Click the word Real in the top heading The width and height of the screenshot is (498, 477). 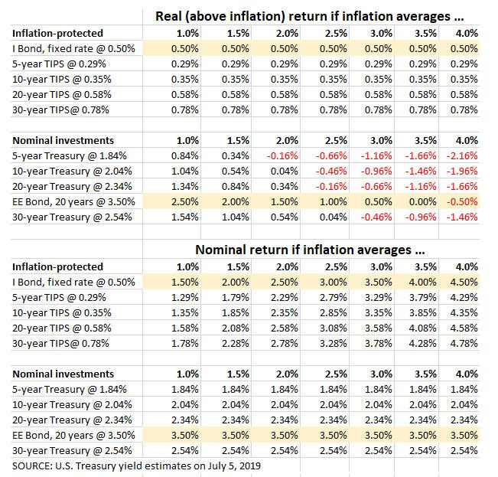168,16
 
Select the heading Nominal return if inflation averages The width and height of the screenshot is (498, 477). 310,250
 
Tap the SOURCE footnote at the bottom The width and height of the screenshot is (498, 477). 136,466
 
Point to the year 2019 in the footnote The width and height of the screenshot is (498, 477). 250,466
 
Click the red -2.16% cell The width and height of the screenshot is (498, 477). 462,155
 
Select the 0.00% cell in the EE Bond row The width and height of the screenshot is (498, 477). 423,202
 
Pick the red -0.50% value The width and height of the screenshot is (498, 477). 462,202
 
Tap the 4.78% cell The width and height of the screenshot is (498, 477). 464,343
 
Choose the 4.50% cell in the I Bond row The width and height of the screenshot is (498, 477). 464,282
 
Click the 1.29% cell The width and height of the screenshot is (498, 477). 185,297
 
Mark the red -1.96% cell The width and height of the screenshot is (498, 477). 462,171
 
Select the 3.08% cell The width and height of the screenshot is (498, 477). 334,328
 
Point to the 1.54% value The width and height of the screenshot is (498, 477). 185,217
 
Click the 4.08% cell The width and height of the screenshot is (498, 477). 423,328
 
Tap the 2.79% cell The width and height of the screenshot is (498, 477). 334,297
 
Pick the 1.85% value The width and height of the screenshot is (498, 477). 236,312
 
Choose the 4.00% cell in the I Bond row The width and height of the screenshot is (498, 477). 423,282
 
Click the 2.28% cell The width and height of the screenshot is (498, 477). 236,343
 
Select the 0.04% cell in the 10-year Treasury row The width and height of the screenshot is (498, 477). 285,171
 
